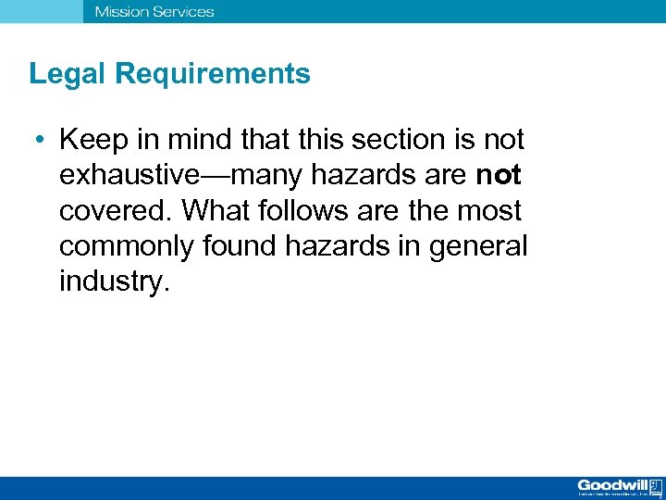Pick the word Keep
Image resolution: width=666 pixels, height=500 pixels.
(x=89, y=140)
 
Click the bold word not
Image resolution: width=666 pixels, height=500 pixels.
(x=499, y=175)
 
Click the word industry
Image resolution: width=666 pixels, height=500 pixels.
(x=114, y=281)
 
